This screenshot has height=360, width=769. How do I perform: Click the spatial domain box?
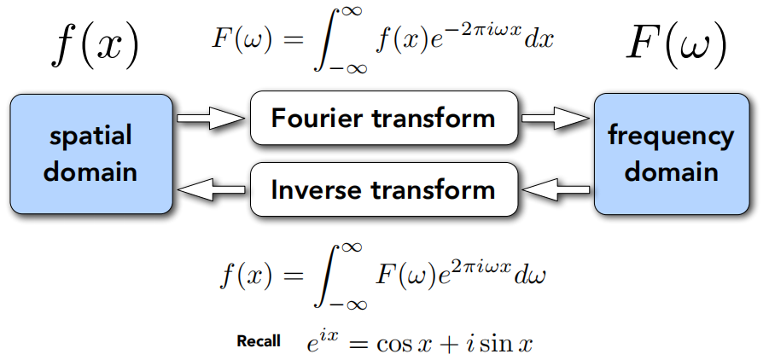90,154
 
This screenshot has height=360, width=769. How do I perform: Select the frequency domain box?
671,154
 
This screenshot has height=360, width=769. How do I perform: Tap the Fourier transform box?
383,118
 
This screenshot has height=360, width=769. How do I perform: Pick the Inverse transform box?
383,189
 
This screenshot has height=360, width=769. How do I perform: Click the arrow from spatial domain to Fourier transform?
209,119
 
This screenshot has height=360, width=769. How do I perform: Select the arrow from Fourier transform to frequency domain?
555,119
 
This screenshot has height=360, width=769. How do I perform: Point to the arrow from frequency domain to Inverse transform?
555,189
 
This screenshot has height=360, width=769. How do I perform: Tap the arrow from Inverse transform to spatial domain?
209,189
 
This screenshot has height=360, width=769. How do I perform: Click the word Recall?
258,341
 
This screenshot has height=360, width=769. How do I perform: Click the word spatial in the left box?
90,136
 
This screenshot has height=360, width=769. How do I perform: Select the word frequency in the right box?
671,136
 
